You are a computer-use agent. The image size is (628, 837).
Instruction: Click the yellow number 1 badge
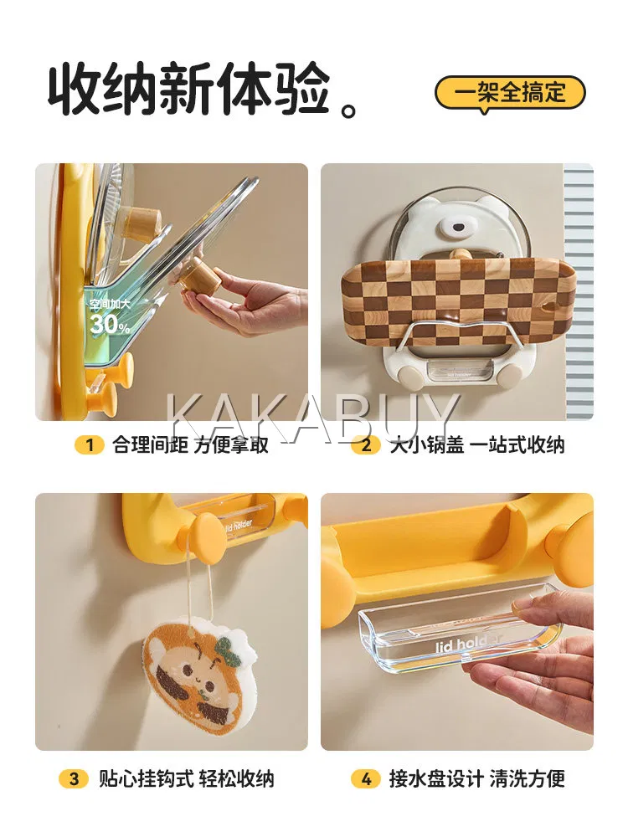coord(90,444)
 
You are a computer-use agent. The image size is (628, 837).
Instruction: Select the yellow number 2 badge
coord(367,444)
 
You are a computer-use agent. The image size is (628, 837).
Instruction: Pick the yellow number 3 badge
coord(74,778)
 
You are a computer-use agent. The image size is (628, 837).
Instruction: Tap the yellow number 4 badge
coord(366,778)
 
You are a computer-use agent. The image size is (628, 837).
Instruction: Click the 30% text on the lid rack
coord(110,324)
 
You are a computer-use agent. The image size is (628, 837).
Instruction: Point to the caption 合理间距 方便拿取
coord(191,444)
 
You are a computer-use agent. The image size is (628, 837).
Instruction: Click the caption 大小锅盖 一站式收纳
coord(477,444)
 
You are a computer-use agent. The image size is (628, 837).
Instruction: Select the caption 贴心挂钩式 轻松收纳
coord(187,778)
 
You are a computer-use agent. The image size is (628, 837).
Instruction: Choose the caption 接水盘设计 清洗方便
coord(477,778)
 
